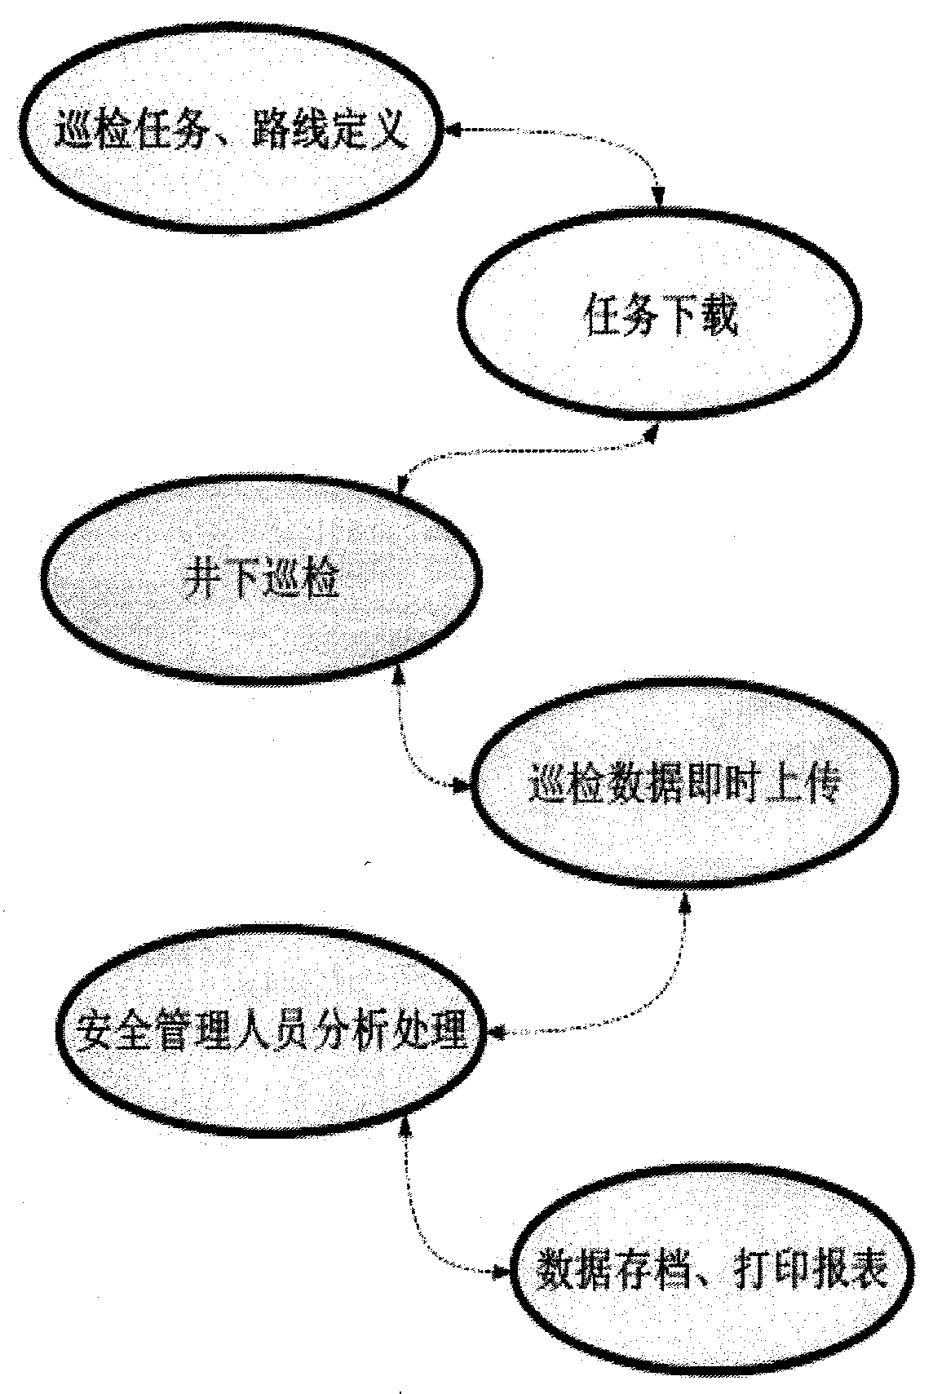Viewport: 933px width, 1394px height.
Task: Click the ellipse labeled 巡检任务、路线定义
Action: click(228, 134)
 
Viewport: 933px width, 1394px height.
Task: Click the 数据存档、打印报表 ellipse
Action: click(710, 1273)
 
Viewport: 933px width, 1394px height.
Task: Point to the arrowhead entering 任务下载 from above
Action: click(660, 196)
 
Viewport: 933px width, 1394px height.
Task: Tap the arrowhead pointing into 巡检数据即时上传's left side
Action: click(465, 786)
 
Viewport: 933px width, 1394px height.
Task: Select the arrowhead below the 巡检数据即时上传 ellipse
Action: click(684, 905)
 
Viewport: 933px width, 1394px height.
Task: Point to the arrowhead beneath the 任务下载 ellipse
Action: click(649, 433)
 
